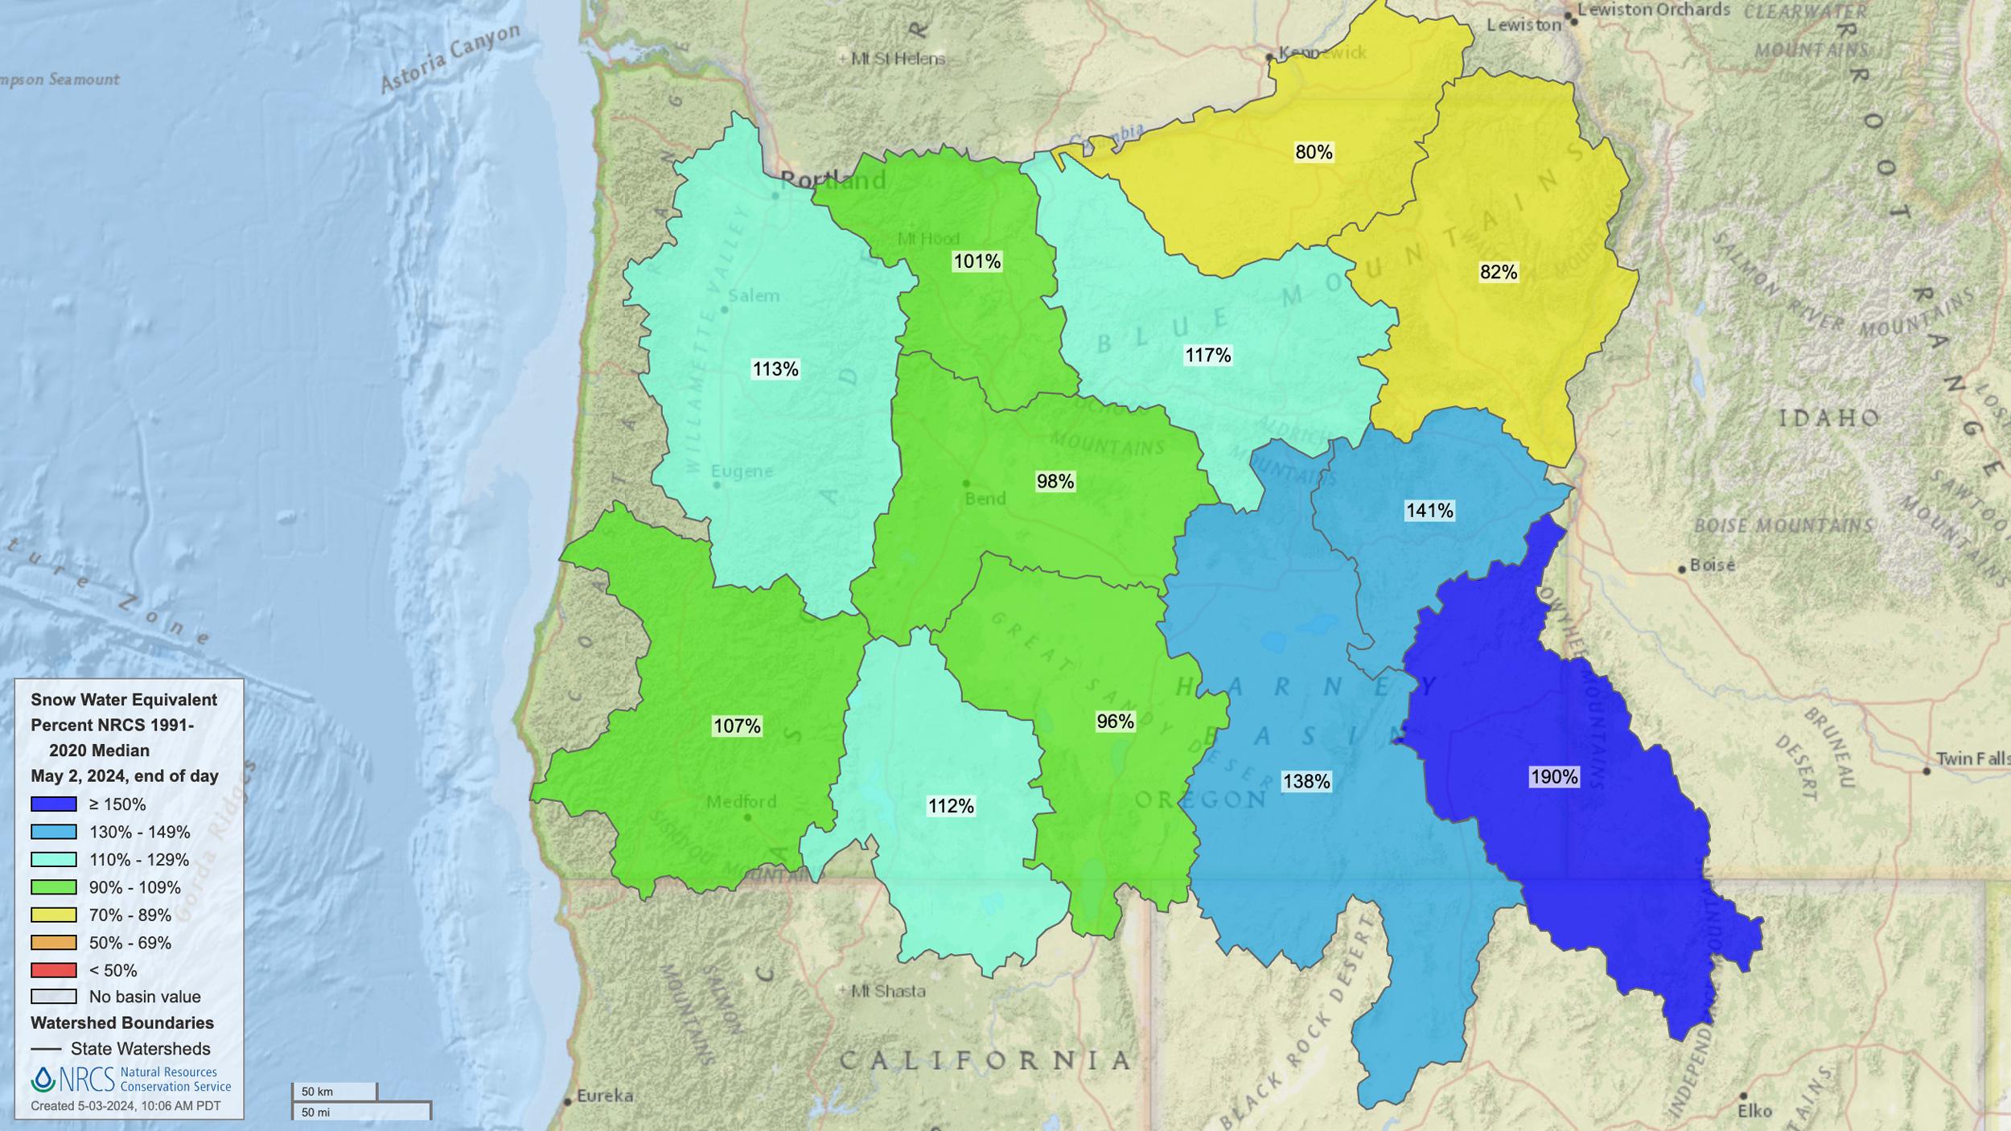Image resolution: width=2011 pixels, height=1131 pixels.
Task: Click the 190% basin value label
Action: pos(1553,777)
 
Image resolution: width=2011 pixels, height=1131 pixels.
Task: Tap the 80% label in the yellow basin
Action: pos(1314,152)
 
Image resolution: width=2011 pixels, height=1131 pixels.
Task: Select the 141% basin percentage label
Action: pos(1429,511)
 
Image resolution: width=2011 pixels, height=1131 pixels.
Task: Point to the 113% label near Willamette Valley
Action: pos(775,369)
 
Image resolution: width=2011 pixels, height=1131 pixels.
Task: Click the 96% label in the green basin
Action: pos(1115,722)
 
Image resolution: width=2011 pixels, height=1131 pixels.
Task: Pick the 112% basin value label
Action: pos(951,806)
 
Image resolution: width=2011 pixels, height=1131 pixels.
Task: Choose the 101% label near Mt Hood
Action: pos(977,261)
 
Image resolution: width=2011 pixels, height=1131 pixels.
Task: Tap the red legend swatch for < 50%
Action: pos(54,970)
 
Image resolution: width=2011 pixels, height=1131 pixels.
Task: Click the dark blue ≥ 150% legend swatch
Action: pos(54,804)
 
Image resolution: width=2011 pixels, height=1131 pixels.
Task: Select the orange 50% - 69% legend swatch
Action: pos(54,943)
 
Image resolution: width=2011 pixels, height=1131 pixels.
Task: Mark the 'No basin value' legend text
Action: pos(145,997)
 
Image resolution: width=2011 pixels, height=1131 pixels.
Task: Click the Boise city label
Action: pos(1712,565)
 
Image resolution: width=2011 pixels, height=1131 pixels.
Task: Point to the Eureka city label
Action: pos(604,1096)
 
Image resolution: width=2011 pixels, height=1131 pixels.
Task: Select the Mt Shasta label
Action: pos(887,991)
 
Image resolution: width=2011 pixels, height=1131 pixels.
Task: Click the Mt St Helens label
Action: pos(897,59)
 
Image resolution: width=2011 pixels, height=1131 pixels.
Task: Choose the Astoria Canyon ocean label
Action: pos(450,58)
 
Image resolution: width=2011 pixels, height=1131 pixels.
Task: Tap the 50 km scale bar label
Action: pos(317,1092)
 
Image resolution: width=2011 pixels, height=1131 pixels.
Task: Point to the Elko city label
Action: pos(1754,1111)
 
